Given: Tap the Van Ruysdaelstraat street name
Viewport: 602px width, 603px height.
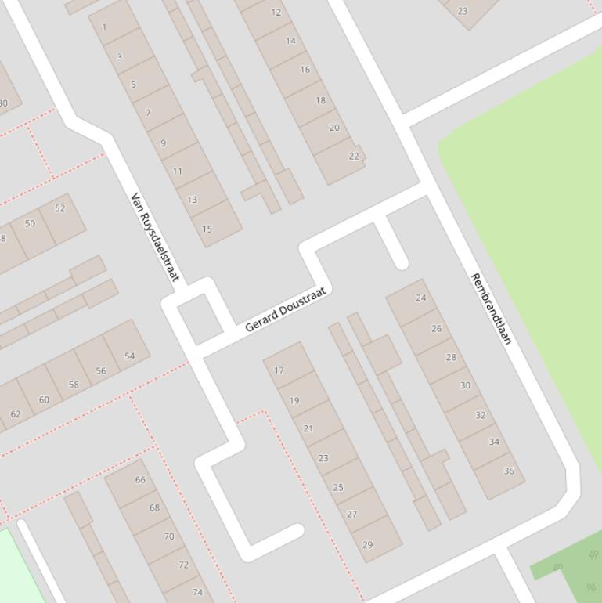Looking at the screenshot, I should [x=154, y=237].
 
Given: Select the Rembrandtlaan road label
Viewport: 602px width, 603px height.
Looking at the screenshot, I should [x=490, y=309].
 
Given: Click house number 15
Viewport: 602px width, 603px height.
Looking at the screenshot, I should [x=207, y=229].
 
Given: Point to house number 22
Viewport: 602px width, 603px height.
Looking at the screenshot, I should [x=354, y=156].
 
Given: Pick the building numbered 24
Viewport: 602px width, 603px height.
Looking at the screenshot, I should [x=421, y=298].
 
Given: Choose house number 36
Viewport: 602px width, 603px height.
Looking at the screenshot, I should [x=509, y=471].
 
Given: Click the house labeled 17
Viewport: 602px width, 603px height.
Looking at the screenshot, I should [x=279, y=370].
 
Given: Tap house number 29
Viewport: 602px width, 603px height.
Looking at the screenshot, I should [x=367, y=544].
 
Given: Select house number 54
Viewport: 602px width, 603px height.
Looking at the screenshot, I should [x=130, y=356].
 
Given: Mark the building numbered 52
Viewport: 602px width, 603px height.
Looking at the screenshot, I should [x=60, y=208].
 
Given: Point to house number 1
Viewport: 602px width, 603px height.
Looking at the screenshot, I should [x=104, y=27].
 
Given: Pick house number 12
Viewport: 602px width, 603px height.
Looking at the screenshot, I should [x=276, y=13].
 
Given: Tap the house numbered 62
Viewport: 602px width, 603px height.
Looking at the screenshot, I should [x=16, y=413].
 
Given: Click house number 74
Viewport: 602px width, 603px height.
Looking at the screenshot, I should [x=197, y=592].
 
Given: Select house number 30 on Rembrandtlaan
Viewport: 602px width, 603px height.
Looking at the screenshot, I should [x=465, y=385].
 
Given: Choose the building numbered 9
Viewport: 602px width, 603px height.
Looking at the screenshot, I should [x=163, y=143].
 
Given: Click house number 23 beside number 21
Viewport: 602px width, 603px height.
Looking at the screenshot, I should [x=323, y=458].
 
